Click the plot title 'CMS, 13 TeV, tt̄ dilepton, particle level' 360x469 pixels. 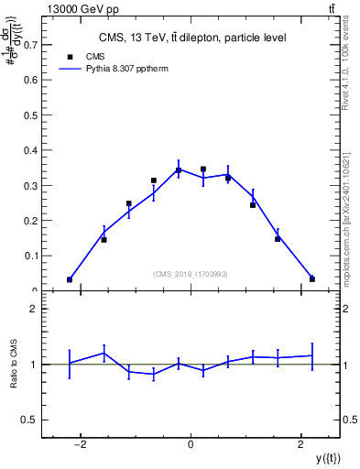(191, 38)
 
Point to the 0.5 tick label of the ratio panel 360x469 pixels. (34, 420)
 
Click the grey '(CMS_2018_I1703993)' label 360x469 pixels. (191, 274)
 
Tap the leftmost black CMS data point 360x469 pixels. (70, 279)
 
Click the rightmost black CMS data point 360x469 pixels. (312, 278)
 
